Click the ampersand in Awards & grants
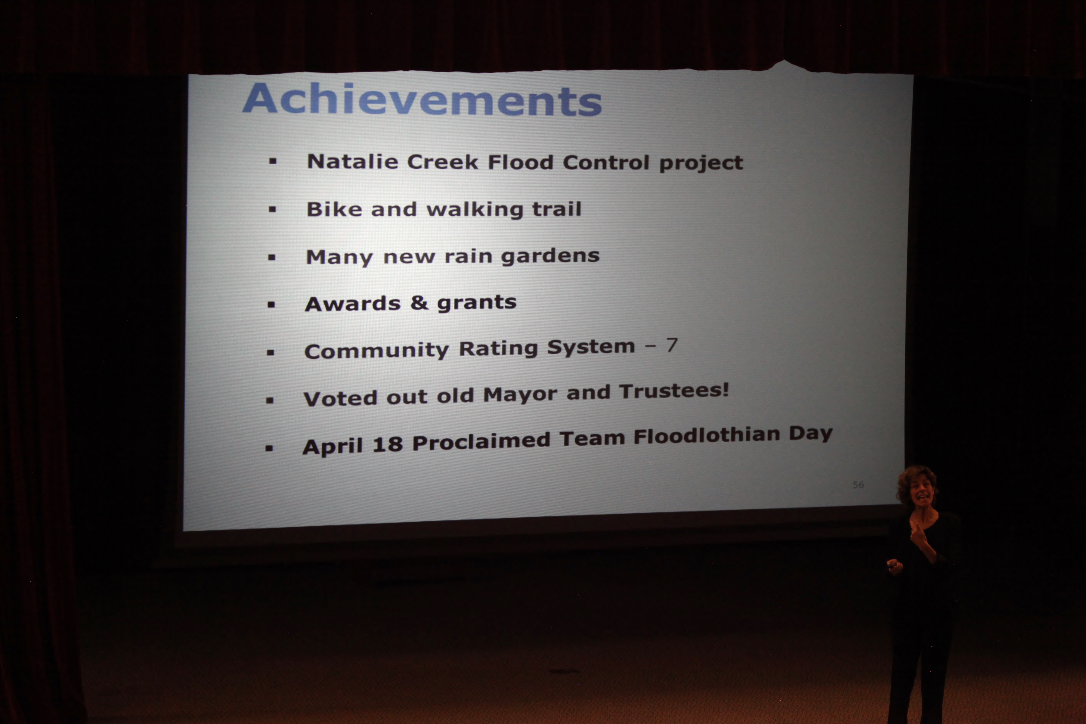419,303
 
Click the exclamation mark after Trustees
726,390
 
